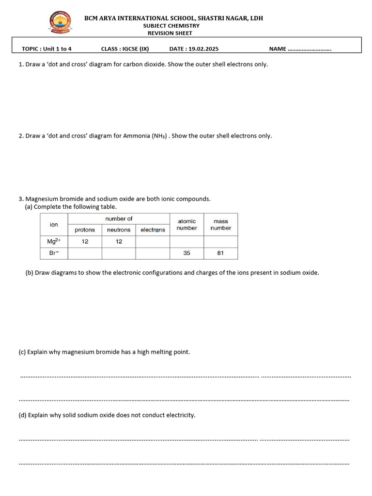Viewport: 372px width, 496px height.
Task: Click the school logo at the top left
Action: [x=61, y=23]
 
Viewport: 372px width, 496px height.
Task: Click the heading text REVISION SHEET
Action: [x=170, y=33]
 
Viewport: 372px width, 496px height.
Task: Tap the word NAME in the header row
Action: [x=278, y=49]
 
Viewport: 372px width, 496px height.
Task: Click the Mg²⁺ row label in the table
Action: [x=54, y=241]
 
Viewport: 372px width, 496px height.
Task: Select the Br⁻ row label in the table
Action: [x=54, y=253]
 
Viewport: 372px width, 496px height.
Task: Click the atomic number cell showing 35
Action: [x=186, y=253]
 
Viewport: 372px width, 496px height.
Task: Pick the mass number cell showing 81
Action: [x=220, y=253]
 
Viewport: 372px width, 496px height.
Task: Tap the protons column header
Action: [x=85, y=230]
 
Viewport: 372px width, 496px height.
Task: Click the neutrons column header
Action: [x=119, y=230]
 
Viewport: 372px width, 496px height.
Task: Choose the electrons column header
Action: [x=153, y=230]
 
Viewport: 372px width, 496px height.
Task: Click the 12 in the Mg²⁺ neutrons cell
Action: [x=119, y=241]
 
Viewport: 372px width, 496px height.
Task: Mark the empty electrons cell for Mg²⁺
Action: [x=153, y=241]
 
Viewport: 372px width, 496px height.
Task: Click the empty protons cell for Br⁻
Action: [x=85, y=253]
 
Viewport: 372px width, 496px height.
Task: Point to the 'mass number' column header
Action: [x=220, y=224]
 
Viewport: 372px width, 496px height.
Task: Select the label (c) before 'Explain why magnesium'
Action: [x=22, y=352]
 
